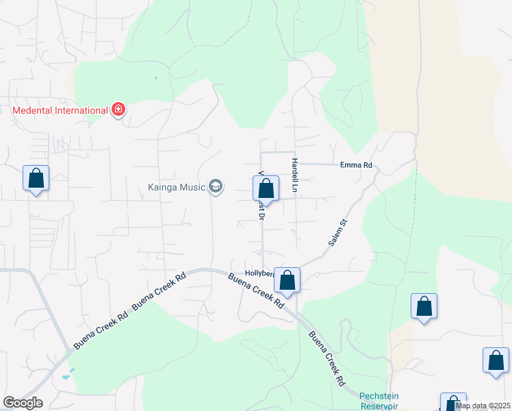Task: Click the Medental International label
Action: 60,110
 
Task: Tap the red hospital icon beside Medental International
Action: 118,109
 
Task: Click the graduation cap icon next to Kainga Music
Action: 216,186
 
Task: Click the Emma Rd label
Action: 356,165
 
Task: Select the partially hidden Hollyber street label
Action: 259,273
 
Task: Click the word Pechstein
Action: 379,396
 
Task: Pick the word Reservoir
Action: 379,406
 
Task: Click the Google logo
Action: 22,403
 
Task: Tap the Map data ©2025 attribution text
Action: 483,406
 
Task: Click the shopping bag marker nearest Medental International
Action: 36,179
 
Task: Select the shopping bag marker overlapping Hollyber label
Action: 287,280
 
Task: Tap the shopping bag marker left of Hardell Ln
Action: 266,189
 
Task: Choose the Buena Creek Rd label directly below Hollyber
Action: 255,290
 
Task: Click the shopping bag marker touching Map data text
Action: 452,403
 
